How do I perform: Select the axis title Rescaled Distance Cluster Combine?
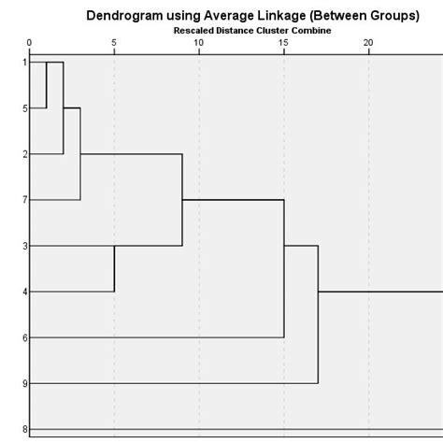[251, 30]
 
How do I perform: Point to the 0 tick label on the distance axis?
[30, 43]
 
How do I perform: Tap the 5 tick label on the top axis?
[114, 43]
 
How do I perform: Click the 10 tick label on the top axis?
[199, 43]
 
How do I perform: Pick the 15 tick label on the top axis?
[283, 43]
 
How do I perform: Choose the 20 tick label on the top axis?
[368, 43]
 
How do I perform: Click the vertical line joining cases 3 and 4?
[114, 268]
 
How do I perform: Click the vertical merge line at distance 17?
[318, 314]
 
